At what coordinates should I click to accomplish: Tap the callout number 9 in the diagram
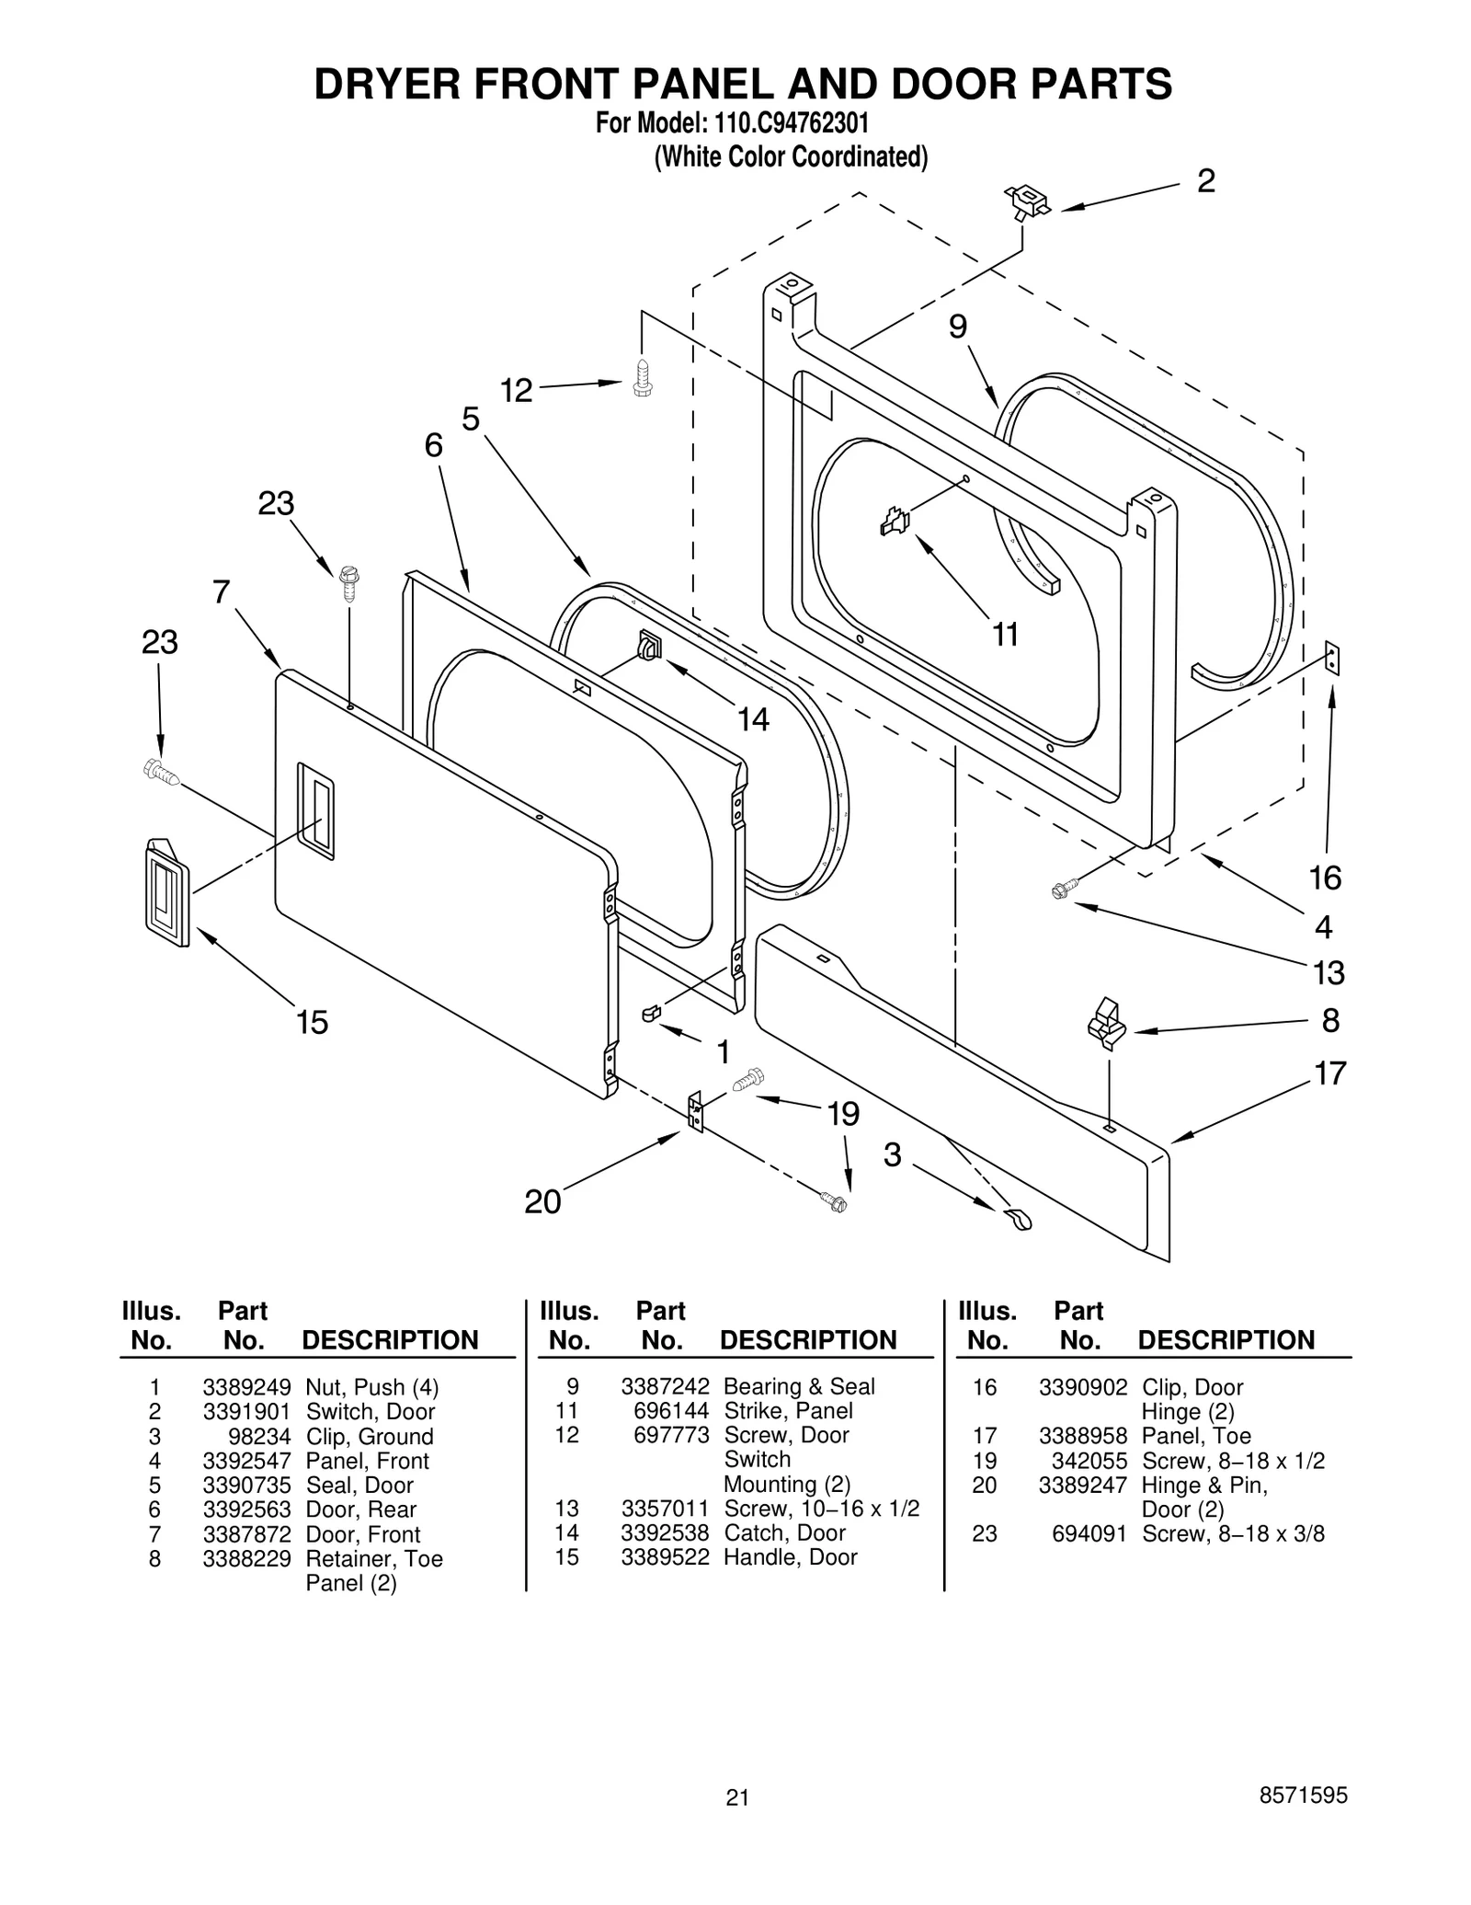[x=958, y=327]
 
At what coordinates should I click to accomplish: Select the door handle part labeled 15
[x=166, y=891]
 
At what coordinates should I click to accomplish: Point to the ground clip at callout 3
[x=1017, y=1219]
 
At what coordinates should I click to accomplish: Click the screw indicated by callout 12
[x=643, y=377]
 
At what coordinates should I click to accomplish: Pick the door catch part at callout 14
[x=648, y=645]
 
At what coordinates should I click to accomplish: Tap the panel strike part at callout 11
[x=895, y=522]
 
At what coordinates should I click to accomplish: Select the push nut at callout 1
[x=651, y=1013]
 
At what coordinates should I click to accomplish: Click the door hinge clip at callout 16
[x=1332, y=659]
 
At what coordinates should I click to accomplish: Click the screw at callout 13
[x=1063, y=889]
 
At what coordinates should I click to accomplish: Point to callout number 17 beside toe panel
[x=1330, y=1073]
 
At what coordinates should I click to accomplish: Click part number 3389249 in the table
[x=246, y=1387]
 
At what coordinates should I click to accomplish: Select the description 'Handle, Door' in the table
[x=790, y=1557]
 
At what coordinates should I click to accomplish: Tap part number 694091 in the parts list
[x=1089, y=1533]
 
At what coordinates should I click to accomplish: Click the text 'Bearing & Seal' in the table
[x=799, y=1386]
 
